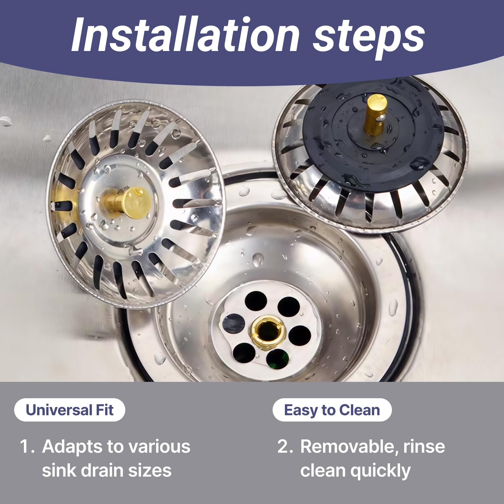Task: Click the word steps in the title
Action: pos(369,38)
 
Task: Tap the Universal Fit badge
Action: pos(70,410)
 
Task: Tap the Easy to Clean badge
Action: pos(332,410)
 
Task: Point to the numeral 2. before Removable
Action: pos(286,446)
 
